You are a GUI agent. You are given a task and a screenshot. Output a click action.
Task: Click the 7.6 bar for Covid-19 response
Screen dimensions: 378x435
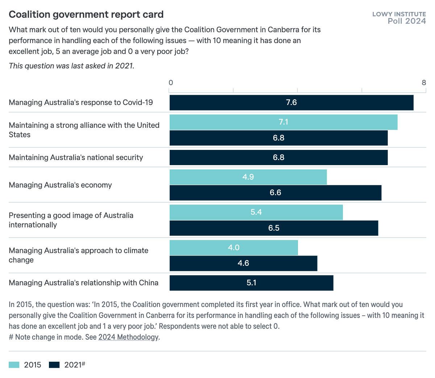pos(291,102)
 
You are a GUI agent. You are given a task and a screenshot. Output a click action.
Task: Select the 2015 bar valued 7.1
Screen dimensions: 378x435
pos(283,122)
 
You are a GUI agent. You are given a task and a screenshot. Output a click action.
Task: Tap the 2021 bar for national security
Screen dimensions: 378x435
pos(278,157)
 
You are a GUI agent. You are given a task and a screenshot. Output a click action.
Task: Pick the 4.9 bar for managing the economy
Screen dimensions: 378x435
pos(248,177)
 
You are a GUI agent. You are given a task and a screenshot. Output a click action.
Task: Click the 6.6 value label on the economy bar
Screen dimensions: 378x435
pos(275,193)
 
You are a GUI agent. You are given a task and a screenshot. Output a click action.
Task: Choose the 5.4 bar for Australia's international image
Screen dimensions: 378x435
pos(256,212)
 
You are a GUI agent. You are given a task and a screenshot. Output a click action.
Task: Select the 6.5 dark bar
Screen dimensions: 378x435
pos(274,228)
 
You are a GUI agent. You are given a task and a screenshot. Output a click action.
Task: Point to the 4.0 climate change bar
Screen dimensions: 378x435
pos(233,248)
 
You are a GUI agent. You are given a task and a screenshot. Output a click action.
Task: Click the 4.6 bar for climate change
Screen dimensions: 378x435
pos(243,263)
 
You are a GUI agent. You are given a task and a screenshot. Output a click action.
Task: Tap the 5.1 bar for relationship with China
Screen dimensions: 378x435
pos(251,283)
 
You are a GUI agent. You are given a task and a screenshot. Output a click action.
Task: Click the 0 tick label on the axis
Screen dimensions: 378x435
pos(171,83)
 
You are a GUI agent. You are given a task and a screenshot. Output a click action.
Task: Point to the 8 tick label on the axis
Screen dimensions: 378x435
pos(424,83)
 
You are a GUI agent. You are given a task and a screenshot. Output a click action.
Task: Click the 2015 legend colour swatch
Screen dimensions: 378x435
pos(14,365)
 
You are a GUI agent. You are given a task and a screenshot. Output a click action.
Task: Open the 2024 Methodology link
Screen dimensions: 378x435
pos(128,337)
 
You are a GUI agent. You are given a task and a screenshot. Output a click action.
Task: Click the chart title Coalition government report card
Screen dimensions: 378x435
pos(86,14)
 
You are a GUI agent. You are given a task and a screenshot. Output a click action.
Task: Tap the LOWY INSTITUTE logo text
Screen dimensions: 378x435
pos(399,14)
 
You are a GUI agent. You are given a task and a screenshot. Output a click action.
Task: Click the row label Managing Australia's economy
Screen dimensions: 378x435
pos(60,185)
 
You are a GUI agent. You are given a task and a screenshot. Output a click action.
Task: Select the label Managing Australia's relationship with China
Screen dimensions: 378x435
pos(83,283)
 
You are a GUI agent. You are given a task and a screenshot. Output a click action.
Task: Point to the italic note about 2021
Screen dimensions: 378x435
pos(71,66)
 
